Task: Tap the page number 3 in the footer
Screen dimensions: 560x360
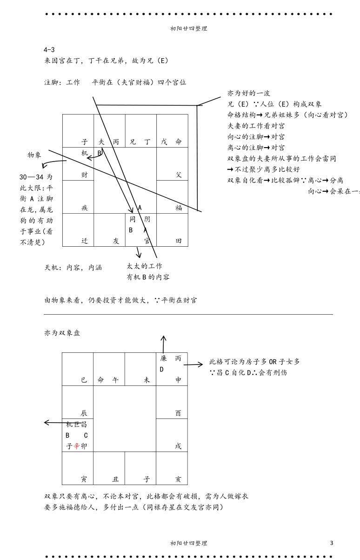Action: [331, 543]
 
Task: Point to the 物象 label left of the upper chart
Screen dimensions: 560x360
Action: [34, 155]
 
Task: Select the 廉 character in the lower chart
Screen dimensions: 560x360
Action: [163, 359]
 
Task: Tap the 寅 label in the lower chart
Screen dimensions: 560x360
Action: [84, 479]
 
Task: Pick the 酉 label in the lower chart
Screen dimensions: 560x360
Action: [178, 413]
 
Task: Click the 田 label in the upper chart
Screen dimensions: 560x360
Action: [179, 241]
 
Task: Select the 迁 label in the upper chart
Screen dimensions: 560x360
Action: [84, 241]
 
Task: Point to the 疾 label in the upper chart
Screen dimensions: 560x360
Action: [84, 208]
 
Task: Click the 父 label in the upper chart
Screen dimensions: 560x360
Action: [179, 175]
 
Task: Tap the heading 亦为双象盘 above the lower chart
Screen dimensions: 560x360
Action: [62, 333]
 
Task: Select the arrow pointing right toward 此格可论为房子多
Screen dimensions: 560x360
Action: [197, 364]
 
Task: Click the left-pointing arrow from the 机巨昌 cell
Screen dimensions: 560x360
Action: [51, 422]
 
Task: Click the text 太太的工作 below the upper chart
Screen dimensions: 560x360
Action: [144, 266]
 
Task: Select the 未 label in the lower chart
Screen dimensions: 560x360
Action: [147, 380]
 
